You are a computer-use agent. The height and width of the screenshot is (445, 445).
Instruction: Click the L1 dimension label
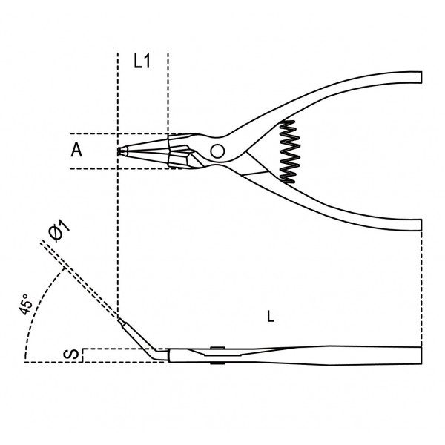[142, 61]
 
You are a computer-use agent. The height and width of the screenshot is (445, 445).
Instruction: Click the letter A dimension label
[76, 150]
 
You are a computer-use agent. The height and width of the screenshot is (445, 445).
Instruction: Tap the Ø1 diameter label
[59, 231]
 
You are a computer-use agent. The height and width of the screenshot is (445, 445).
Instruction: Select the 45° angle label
[25, 304]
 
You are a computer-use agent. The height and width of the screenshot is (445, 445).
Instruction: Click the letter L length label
[271, 317]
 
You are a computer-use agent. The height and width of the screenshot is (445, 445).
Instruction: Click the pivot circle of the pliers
[217, 151]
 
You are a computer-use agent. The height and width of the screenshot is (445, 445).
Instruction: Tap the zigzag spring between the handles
[290, 151]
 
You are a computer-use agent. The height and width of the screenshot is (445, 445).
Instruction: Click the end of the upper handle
[421, 77]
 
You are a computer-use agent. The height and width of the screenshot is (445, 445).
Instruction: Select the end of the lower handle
[421, 225]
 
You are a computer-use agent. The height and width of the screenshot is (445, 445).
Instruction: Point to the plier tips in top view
[122, 151]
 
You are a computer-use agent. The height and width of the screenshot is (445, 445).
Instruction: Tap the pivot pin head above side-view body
[217, 348]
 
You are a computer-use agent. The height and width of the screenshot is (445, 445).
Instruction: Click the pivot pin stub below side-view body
[217, 363]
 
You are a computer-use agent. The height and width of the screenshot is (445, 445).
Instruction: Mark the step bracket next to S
[82, 355]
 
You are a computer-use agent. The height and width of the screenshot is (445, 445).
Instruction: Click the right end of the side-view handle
[421, 355]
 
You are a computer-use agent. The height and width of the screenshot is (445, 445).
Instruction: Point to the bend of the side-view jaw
[156, 353]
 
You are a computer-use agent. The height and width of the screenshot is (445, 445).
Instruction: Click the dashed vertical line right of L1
[168, 94]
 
